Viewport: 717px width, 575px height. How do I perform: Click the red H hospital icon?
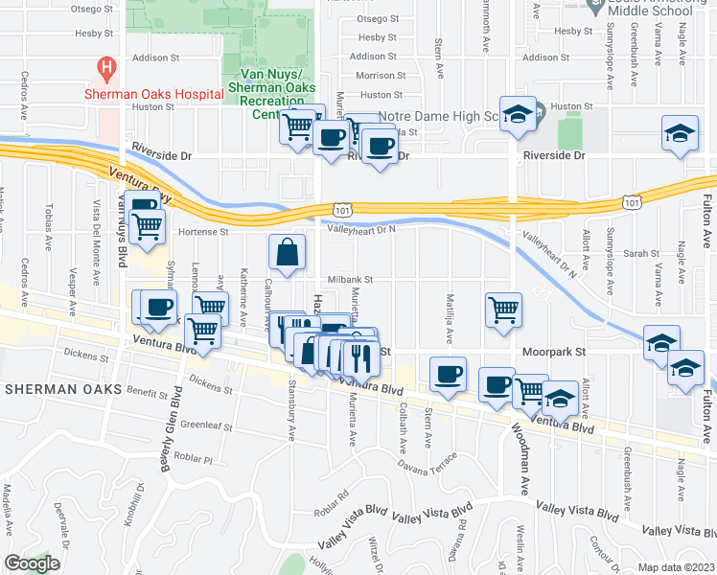tap(107, 69)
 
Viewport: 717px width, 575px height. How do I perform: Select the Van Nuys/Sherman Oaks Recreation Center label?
tap(268, 94)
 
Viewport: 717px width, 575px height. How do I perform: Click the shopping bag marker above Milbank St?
tap(288, 254)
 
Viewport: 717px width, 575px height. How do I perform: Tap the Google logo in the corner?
tap(33, 563)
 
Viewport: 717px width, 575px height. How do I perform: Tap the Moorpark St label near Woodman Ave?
tap(553, 352)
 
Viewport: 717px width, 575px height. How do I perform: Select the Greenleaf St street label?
tap(207, 425)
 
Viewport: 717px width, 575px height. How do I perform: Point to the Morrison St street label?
tap(374, 75)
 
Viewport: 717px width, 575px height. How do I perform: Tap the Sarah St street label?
tap(636, 254)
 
